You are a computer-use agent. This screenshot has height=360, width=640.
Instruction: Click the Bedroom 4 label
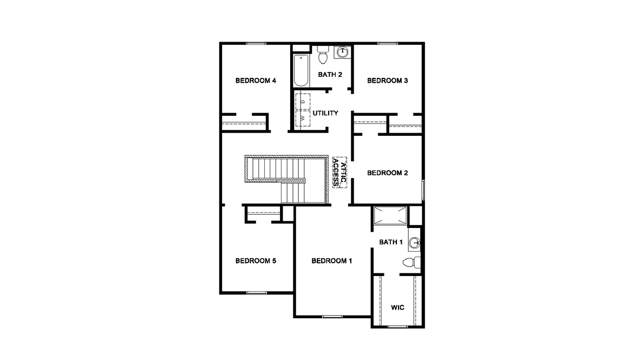(x=256, y=81)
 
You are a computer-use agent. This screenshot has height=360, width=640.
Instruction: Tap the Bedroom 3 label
(x=387, y=81)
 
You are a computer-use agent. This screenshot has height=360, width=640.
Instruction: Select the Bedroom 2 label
(x=387, y=173)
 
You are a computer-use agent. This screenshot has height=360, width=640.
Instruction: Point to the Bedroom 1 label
(x=332, y=261)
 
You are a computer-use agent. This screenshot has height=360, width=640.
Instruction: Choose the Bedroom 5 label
(x=256, y=261)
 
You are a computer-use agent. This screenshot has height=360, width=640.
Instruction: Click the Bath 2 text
(x=330, y=75)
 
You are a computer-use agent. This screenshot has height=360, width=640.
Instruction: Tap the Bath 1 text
(x=391, y=242)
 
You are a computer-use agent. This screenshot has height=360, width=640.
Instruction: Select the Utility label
(x=325, y=113)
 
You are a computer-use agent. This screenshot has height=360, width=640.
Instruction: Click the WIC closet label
(x=397, y=307)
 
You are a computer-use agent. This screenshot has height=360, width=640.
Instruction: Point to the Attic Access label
(x=339, y=173)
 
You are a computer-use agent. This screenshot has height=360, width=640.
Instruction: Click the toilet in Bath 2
(x=323, y=55)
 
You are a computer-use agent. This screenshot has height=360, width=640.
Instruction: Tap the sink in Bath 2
(x=342, y=52)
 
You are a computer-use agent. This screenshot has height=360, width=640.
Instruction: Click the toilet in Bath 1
(x=412, y=263)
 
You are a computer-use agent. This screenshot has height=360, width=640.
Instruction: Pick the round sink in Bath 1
(x=415, y=242)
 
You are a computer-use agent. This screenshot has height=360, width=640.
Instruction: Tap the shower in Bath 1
(x=390, y=216)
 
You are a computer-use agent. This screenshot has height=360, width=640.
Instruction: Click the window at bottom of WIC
(x=397, y=326)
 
